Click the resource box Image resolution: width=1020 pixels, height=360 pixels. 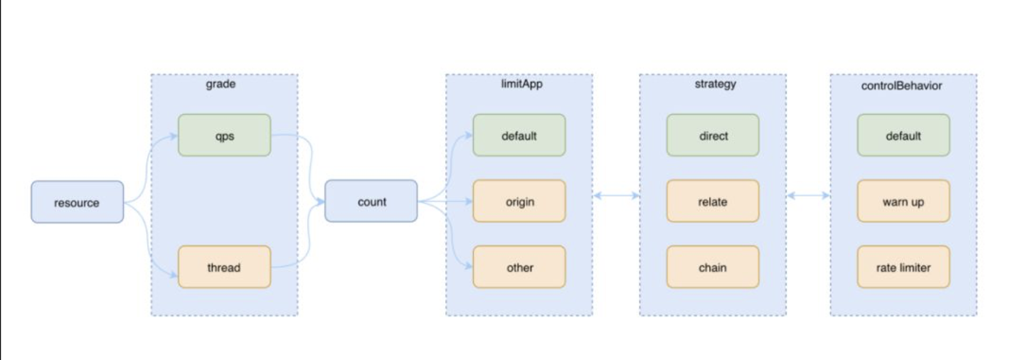click(x=78, y=202)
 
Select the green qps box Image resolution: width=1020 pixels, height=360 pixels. click(x=225, y=135)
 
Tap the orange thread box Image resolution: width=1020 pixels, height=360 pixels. click(x=225, y=267)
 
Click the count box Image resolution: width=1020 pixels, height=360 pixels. click(x=371, y=201)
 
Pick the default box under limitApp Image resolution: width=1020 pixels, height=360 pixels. click(x=519, y=135)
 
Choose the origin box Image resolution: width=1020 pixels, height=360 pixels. click(x=519, y=201)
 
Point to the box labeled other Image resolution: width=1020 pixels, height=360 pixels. click(x=519, y=267)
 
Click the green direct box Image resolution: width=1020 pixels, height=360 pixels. click(x=713, y=135)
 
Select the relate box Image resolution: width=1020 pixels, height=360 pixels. click(x=713, y=201)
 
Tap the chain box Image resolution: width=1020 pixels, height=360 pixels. click(x=713, y=267)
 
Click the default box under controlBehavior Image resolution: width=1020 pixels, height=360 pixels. click(x=904, y=135)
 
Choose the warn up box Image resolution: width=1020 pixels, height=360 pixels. click(x=904, y=201)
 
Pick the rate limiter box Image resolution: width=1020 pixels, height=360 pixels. click(x=904, y=267)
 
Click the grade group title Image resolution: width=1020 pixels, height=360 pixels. click(x=221, y=84)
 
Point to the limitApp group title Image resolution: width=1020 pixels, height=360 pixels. click(x=522, y=84)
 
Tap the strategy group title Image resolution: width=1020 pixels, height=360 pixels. click(x=716, y=84)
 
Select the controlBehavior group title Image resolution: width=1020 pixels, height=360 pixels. click(x=902, y=85)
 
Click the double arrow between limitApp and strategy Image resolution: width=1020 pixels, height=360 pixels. click(x=616, y=196)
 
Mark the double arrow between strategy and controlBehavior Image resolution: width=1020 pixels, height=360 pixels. click(x=808, y=196)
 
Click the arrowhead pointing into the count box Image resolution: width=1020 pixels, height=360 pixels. click(x=321, y=201)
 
